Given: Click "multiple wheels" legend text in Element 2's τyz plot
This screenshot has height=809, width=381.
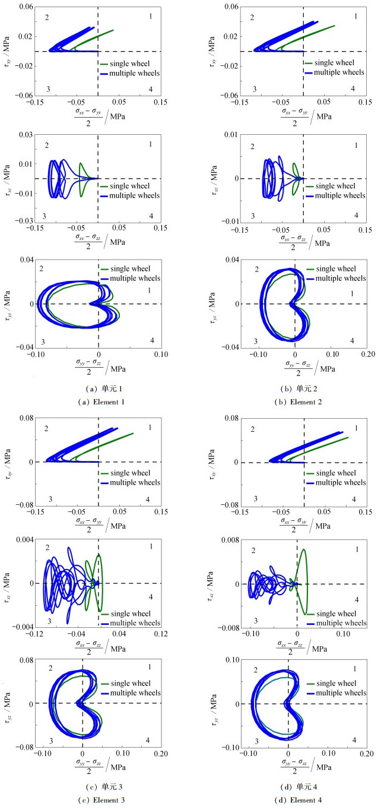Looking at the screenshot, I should (336, 278).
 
